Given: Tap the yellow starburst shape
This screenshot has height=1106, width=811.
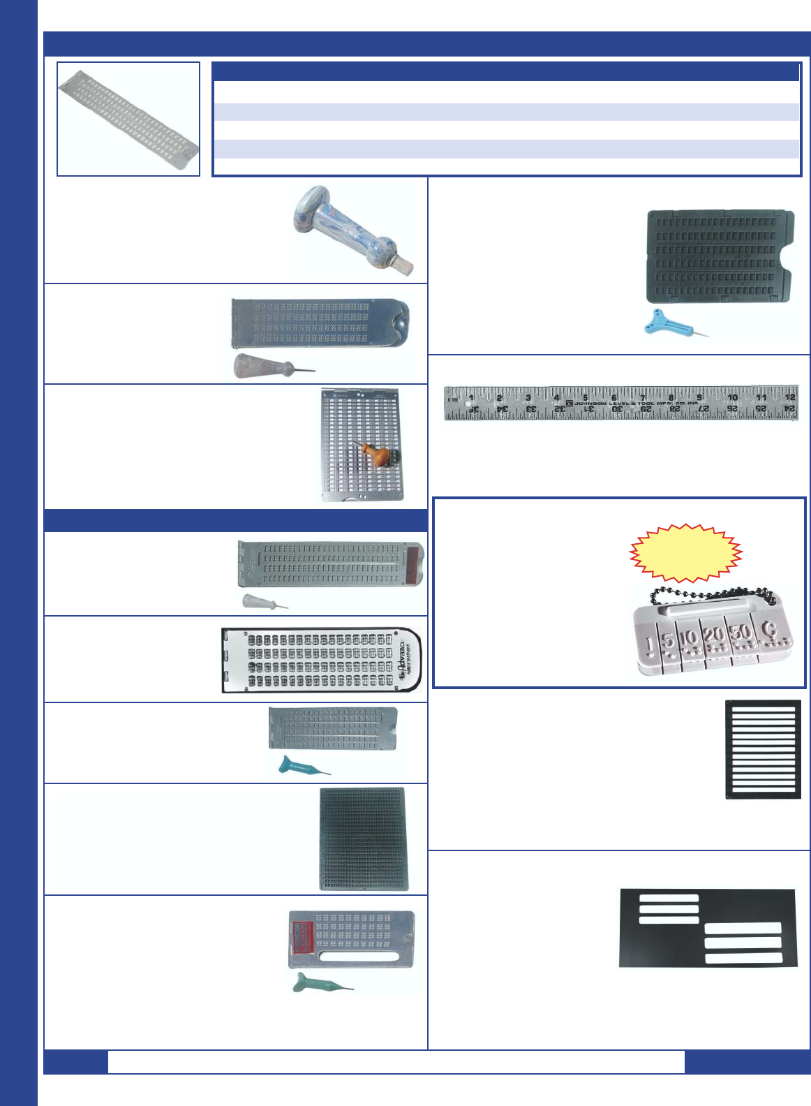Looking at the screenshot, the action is [x=685, y=552].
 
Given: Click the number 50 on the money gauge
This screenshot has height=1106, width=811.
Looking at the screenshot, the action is [x=741, y=633].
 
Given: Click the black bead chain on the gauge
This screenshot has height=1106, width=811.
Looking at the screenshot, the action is [x=712, y=596].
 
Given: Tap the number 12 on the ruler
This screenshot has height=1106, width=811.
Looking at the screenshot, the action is [x=789, y=397].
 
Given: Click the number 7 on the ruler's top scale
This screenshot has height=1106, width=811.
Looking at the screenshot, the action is [x=643, y=397].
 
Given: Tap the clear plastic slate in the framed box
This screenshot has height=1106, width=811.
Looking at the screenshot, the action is [x=128, y=118].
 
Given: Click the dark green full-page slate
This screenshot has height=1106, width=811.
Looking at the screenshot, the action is [x=362, y=839].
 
